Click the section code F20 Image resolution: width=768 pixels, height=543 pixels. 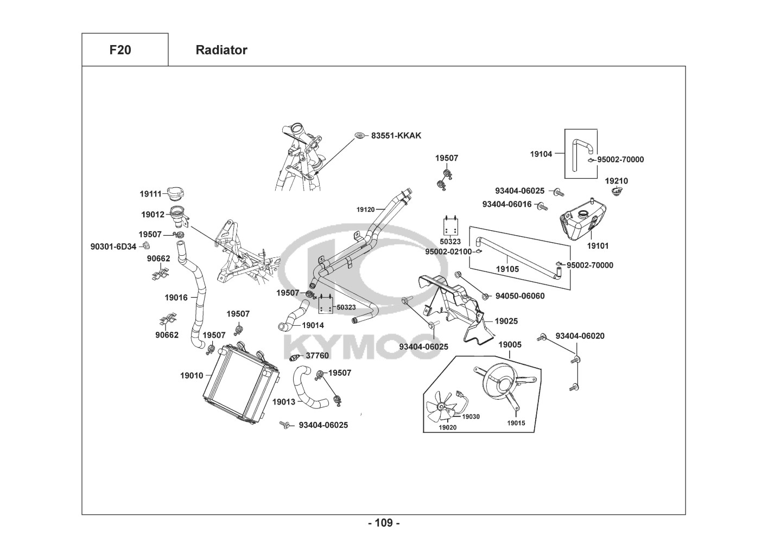[x=120, y=50]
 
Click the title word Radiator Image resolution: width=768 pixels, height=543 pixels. [x=221, y=50]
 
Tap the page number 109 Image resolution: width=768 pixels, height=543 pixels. [x=384, y=523]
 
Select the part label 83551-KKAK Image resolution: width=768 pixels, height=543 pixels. [x=396, y=135]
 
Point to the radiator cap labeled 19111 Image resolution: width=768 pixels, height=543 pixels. [x=176, y=193]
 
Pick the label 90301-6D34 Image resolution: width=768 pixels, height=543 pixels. [x=113, y=247]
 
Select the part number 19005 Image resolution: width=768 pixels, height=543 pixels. [x=510, y=345]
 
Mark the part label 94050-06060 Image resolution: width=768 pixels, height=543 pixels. [x=520, y=296]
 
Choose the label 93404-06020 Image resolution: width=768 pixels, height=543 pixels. [x=580, y=336]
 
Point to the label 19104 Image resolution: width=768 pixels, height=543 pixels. [x=541, y=154]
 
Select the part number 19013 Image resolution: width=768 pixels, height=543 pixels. [x=283, y=402]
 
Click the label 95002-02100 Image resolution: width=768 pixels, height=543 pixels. [x=448, y=251]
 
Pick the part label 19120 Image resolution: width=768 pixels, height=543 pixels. [x=366, y=210]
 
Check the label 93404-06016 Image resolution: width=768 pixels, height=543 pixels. [x=507, y=204]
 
